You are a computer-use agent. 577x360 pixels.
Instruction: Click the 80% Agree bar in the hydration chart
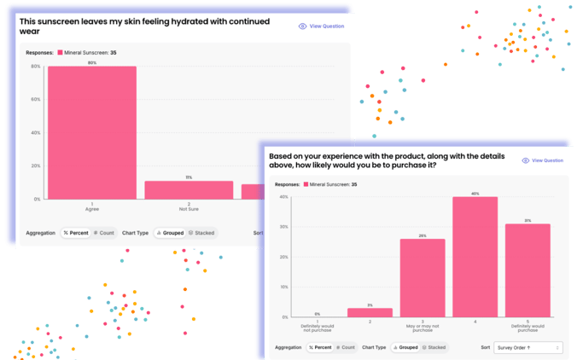pos(91,132)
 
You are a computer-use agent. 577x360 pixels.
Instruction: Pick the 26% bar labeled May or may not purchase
pos(423,277)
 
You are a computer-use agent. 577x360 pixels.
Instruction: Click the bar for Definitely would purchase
pos(527,270)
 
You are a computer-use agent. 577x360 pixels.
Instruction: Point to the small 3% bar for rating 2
pos(370,312)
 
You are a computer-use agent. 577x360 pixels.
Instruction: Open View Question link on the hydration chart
pos(322,26)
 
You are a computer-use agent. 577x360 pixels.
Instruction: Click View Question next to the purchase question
pos(543,160)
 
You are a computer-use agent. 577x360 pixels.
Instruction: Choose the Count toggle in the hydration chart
pos(104,232)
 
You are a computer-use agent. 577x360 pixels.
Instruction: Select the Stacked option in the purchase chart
pos(434,347)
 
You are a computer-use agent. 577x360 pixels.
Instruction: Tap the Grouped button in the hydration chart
pos(170,232)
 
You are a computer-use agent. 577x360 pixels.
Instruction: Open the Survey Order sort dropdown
pos(528,347)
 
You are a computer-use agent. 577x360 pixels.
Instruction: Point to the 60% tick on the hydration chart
pos(35,99)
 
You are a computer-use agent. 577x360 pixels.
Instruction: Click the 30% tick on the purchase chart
pos(284,227)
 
